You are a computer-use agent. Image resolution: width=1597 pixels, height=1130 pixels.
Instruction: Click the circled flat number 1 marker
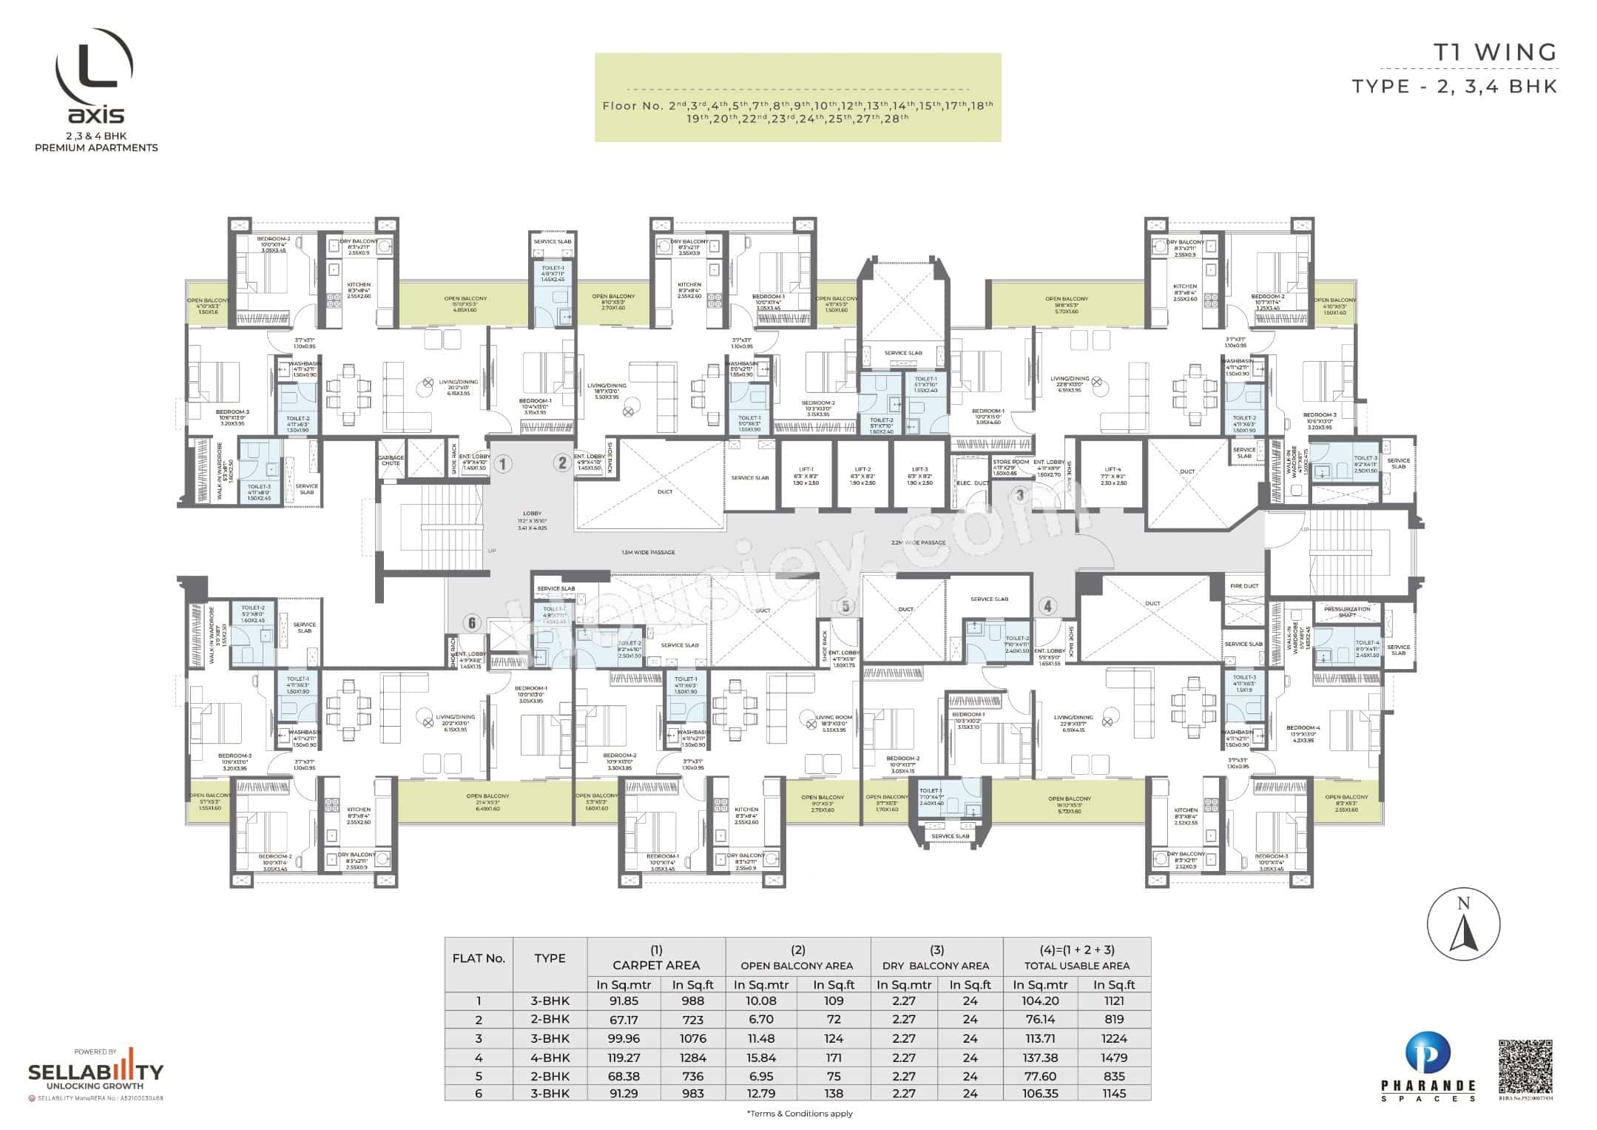point(502,465)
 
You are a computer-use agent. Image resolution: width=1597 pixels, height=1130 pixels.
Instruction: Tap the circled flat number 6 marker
point(472,623)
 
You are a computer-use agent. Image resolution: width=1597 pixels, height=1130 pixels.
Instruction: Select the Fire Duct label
point(1243,586)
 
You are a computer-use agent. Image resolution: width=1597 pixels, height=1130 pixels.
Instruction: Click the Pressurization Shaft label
point(1347,611)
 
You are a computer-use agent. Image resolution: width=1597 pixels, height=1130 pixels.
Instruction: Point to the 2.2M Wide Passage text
point(918,542)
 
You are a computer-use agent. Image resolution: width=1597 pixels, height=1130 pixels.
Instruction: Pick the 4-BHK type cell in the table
point(550,1057)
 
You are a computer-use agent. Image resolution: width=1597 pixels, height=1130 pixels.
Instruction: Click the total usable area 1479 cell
point(1113,1057)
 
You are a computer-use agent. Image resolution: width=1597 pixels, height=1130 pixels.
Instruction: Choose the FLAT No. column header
point(479,958)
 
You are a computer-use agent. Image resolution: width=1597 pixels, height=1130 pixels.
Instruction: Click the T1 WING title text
point(1495,53)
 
